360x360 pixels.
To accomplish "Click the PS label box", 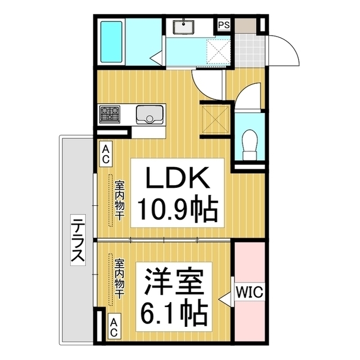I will pyautogui.click(x=224, y=25).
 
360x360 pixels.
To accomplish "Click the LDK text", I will pyautogui.click(x=177, y=179).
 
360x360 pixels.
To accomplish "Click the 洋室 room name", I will pyautogui.click(x=173, y=281).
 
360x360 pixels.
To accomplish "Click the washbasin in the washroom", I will pyautogui.click(x=184, y=26).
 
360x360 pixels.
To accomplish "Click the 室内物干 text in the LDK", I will pyautogui.click(x=120, y=200).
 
